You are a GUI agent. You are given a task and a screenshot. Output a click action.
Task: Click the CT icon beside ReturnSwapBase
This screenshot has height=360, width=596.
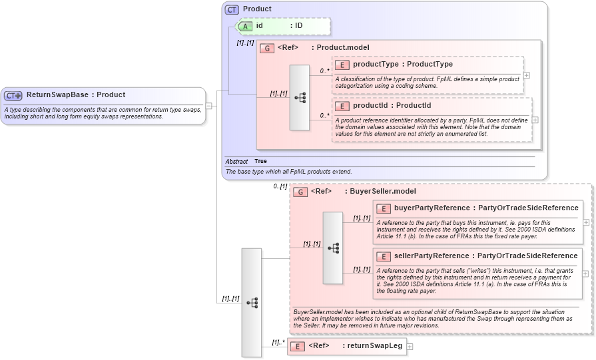13,95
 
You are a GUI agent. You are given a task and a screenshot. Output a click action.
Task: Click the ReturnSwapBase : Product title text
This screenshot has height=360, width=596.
75,95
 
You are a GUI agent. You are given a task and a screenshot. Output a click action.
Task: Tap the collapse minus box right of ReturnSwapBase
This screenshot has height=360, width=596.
208,105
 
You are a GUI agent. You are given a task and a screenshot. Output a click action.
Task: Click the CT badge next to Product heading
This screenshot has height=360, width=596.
232,9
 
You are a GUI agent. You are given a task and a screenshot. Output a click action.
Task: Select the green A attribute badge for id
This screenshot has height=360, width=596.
245,26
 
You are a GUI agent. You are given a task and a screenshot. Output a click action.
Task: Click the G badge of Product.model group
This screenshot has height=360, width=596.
266,48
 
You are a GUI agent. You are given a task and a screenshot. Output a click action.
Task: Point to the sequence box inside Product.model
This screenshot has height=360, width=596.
299,97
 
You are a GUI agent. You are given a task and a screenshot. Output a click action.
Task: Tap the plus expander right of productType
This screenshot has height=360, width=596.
527,75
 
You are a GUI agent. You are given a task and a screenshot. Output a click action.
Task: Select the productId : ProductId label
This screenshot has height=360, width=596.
392,106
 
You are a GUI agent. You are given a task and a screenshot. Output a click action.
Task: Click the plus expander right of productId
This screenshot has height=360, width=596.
535,120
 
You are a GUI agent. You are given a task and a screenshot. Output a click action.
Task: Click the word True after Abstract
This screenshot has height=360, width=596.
260,162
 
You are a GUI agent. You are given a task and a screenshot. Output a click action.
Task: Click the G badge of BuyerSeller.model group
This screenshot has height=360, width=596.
300,192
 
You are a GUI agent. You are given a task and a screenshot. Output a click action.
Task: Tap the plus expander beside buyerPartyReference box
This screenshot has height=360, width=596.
585,222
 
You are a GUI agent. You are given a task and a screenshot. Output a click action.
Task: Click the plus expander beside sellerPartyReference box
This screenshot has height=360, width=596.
585,273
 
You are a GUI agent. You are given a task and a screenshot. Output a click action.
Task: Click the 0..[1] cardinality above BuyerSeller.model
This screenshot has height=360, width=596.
280,186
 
